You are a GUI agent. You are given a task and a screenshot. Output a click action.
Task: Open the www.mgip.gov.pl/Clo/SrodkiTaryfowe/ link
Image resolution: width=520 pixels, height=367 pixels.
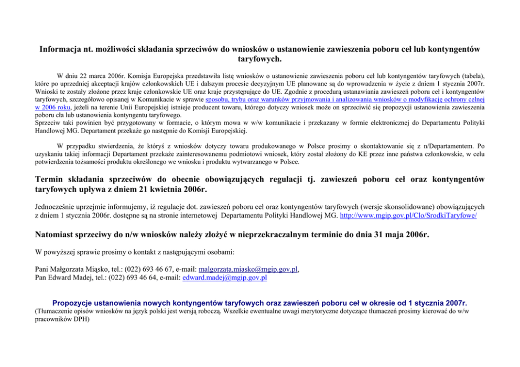click(408, 215)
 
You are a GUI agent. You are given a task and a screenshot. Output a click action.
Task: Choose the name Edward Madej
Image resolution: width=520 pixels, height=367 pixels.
click(73, 277)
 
